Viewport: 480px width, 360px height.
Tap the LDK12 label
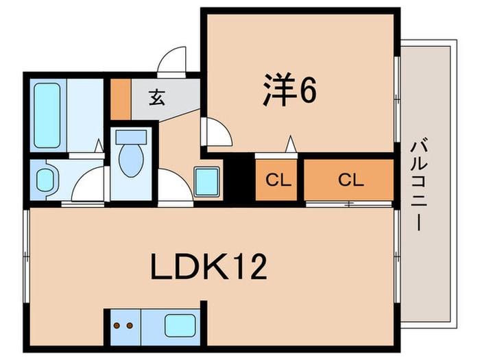(208, 268)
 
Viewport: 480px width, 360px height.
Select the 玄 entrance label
(157, 97)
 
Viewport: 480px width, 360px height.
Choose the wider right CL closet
(350, 180)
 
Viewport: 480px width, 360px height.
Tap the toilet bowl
(130, 158)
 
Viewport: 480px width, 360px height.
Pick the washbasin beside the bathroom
(45, 180)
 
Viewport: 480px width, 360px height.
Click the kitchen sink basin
(180, 324)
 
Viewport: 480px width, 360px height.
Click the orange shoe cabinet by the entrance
(121, 99)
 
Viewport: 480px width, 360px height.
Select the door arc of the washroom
(87, 187)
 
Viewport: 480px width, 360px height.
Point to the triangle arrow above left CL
(291, 145)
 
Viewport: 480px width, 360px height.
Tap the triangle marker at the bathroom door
(99, 146)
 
